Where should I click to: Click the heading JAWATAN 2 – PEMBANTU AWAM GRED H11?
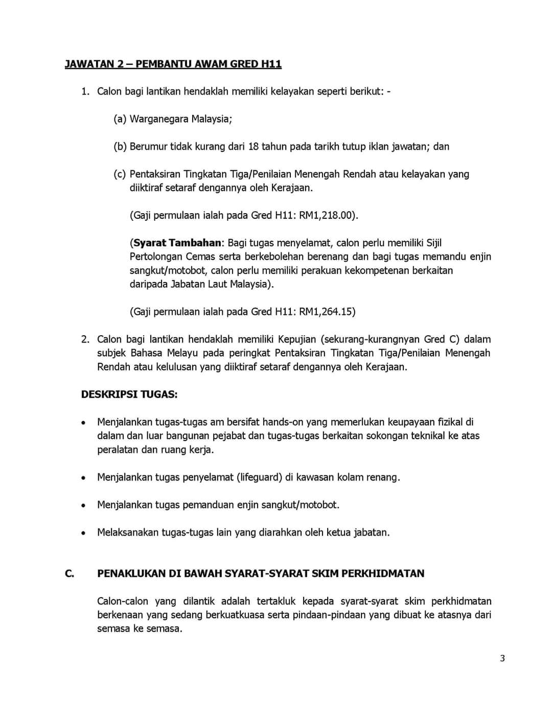tap(173, 64)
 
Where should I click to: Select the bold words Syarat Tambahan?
tap(177, 243)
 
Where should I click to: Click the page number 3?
tap(502, 658)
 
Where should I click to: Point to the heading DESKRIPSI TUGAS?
tap(129, 395)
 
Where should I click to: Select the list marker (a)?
tap(120, 119)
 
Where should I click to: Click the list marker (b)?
tap(120, 147)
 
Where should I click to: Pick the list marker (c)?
tap(120, 174)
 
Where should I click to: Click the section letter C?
tap(70, 573)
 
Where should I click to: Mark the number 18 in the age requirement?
tap(254, 147)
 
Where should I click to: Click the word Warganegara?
tap(159, 119)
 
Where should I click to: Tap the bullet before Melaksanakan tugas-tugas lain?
tap(83, 533)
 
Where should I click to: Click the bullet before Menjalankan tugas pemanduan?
tap(83, 505)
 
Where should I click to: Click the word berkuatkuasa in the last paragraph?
tap(234, 615)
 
